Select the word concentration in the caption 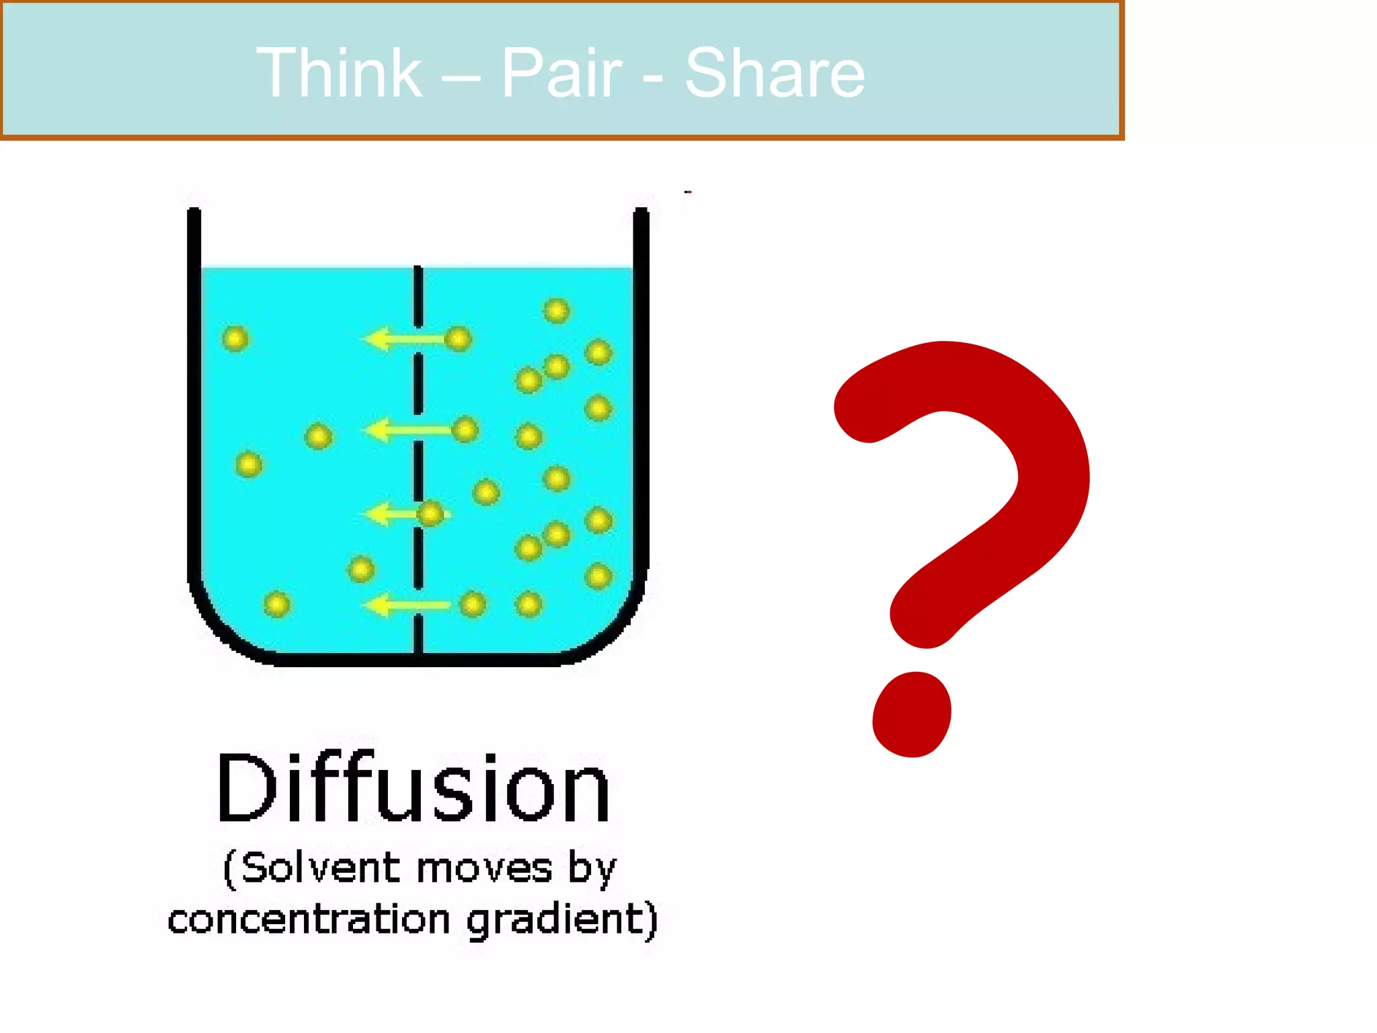tap(309, 920)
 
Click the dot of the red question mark tap(912, 714)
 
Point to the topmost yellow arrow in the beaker tap(403, 338)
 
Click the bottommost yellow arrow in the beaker tap(407, 605)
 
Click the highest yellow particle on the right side tap(557, 311)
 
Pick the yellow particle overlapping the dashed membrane tap(430, 514)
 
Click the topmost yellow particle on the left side tap(235, 338)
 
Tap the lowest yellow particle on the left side tap(277, 604)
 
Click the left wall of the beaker tap(194, 404)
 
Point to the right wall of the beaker tap(641, 404)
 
